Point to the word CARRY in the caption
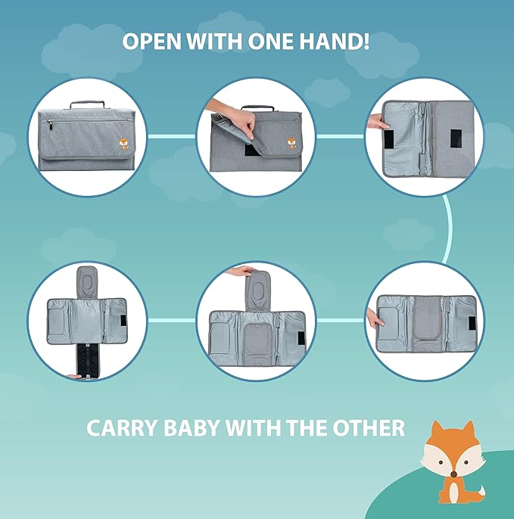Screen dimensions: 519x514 (124, 428)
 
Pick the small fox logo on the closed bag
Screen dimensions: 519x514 (123, 144)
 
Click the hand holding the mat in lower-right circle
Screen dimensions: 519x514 (373, 317)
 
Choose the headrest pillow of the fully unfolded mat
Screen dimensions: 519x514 (87, 281)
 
